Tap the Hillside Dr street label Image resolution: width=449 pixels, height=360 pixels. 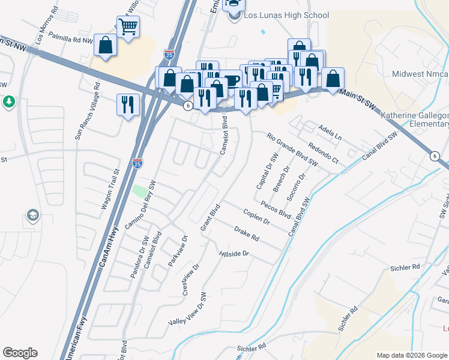[x=235, y=254]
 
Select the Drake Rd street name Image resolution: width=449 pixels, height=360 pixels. [x=246, y=234]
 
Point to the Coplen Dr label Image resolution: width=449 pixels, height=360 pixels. [x=257, y=217]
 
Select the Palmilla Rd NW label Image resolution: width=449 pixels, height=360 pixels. [x=71, y=38]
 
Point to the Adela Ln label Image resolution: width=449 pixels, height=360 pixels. [x=329, y=132]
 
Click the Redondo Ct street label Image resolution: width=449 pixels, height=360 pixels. [x=324, y=153]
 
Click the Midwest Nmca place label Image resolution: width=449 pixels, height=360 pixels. [x=420, y=74]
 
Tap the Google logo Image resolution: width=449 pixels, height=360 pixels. [x=20, y=353]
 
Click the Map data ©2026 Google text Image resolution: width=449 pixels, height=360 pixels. [x=411, y=355]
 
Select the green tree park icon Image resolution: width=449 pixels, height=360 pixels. [x=8, y=101]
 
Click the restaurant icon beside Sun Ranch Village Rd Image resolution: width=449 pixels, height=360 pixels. [x=128, y=104]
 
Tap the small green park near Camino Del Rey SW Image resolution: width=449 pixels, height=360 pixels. [x=139, y=191]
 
